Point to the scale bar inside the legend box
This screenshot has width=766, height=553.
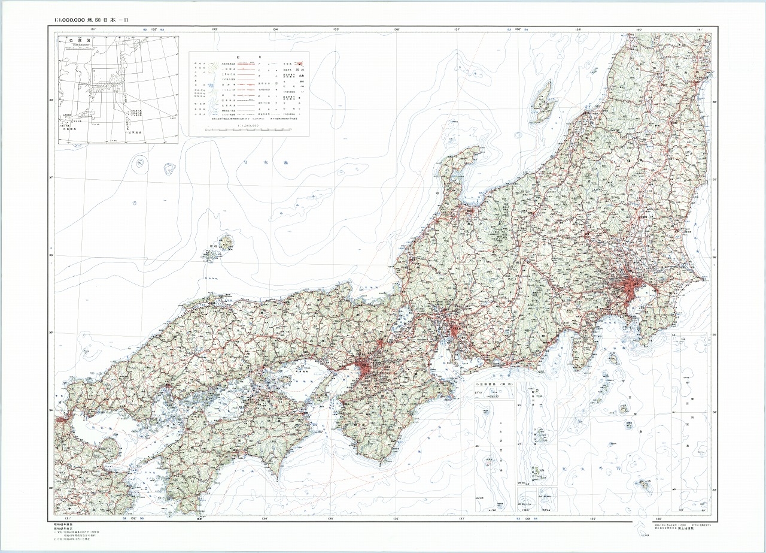[x=247, y=128]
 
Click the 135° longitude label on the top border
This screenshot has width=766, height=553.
[x=336, y=29]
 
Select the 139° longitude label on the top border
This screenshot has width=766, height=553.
[x=578, y=29]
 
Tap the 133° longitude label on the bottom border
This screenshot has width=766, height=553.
[x=198, y=519]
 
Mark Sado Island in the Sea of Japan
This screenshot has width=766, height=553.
[x=543, y=103]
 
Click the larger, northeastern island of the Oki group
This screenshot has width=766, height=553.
[x=226, y=243]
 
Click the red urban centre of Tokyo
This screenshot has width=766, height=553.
[x=628, y=286]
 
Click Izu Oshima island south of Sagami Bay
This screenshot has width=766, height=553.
[x=613, y=359]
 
